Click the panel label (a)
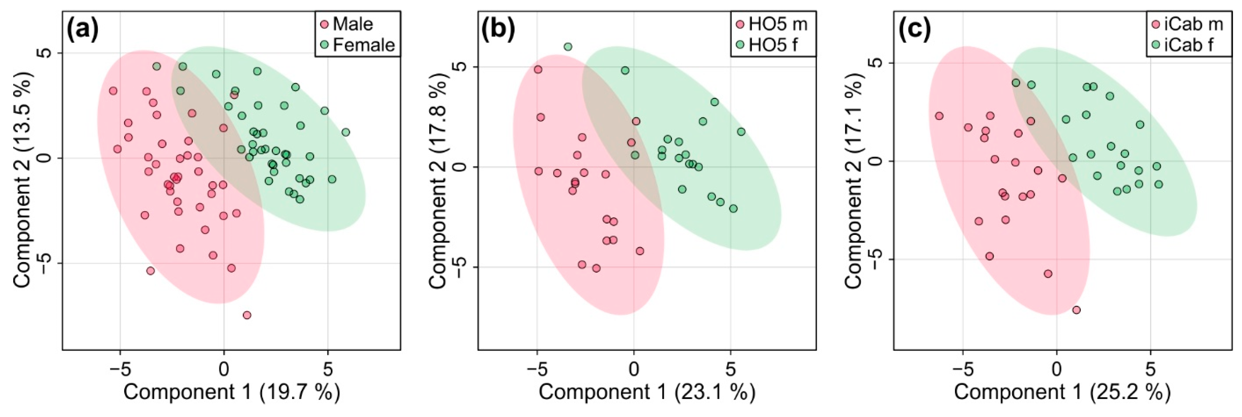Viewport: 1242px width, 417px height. pos(83,30)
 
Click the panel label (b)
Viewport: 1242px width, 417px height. pos(498,30)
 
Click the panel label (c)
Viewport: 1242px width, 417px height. pos(914,30)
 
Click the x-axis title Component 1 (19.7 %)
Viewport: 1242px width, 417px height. pos(232,392)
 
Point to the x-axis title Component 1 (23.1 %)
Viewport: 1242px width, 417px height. pos(646,392)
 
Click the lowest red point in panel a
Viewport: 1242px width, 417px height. pos(247,315)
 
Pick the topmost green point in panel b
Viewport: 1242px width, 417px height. pos(568,47)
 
